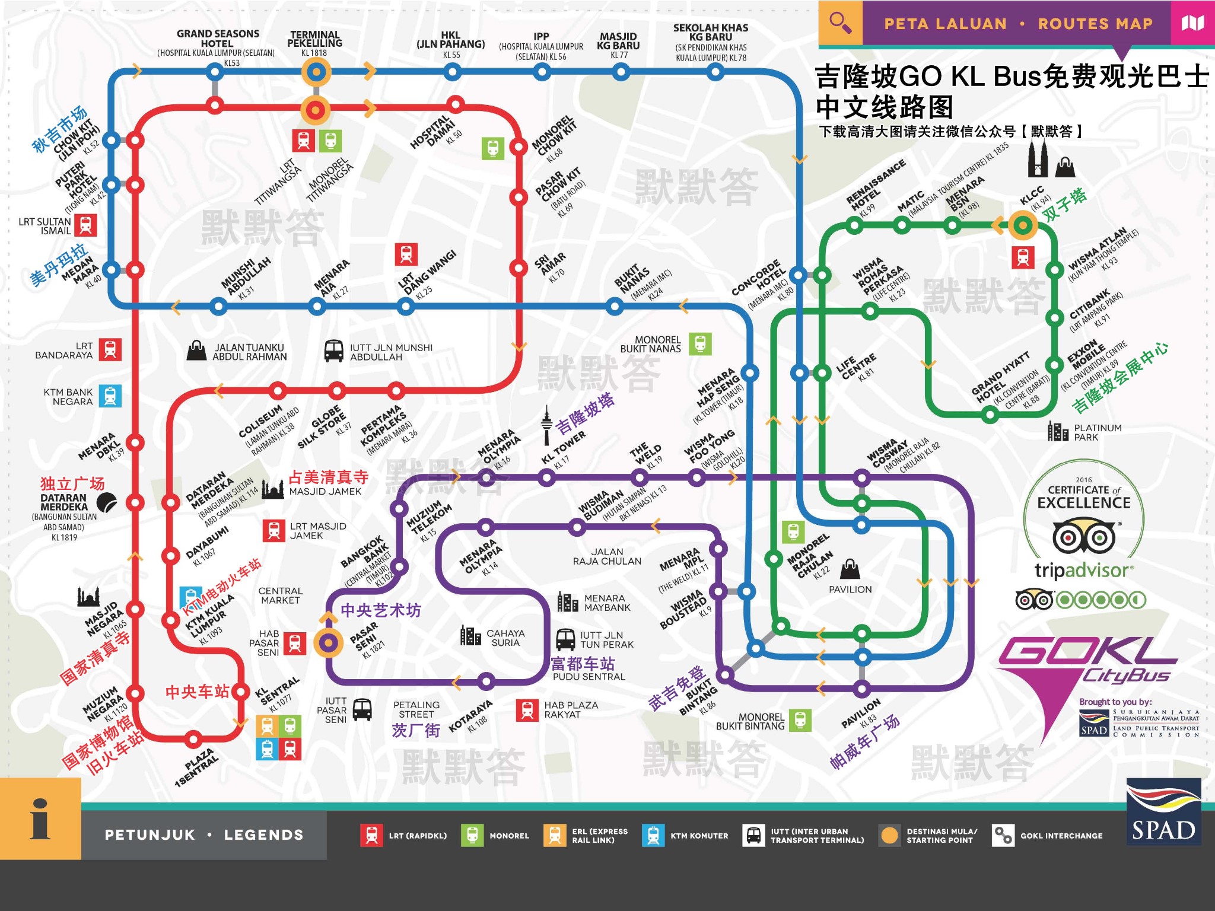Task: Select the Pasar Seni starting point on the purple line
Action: (x=328, y=642)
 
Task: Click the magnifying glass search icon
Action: (x=840, y=23)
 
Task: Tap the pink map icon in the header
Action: (x=1192, y=23)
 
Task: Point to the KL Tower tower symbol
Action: (x=546, y=425)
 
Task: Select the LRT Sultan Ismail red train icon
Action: (x=85, y=225)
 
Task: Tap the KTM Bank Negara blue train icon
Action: (x=110, y=396)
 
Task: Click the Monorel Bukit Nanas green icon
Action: (x=700, y=344)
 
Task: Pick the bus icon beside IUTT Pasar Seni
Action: (x=362, y=709)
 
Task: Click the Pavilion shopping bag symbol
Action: (x=850, y=569)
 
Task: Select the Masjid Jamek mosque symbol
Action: (x=273, y=489)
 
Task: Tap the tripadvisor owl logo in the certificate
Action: (x=1083, y=537)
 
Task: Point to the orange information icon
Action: (x=40, y=818)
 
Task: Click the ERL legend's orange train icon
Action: (x=555, y=836)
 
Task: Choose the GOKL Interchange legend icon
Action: (x=1003, y=836)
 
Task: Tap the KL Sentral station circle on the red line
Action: (x=240, y=692)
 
